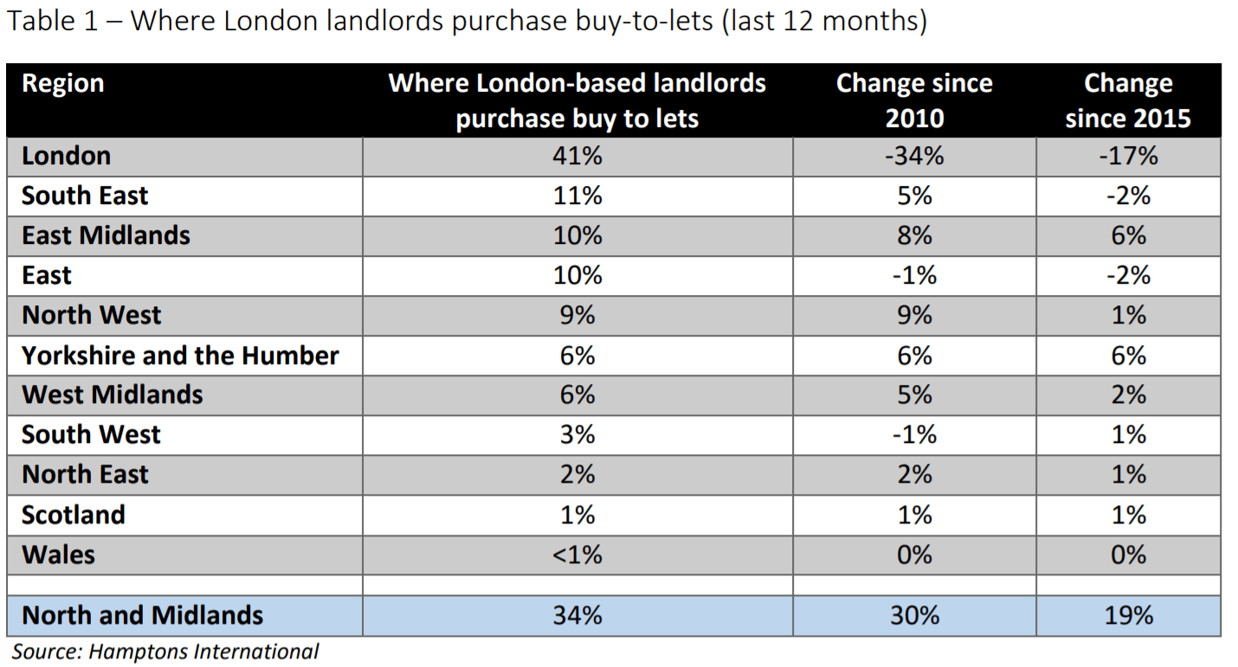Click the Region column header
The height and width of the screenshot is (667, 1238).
click(62, 84)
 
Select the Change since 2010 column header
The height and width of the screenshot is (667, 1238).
click(914, 100)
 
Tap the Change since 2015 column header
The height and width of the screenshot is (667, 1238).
click(1128, 100)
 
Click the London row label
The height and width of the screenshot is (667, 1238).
click(67, 157)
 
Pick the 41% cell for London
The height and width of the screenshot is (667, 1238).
click(577, 157)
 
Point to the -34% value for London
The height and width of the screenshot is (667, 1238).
click(914, 157)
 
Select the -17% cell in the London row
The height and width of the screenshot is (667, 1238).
click(1128, 157)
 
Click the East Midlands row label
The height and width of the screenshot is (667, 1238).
click(106, 236)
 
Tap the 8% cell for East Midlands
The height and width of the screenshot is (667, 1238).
click(914, 236)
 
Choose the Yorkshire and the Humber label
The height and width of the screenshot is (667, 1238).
click(180, 356)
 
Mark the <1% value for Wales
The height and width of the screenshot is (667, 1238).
click(577, 555)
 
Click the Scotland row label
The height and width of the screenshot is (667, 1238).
click(74, 515)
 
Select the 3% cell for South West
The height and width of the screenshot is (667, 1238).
click(577, 434)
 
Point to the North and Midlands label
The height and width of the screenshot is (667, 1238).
click(142, 615)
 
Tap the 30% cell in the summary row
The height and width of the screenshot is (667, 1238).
click(914, 615)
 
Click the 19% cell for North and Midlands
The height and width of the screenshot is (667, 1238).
click(1128, 615)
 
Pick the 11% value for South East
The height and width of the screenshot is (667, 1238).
click(577, 196)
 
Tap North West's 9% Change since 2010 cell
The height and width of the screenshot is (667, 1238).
click(914, 316)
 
